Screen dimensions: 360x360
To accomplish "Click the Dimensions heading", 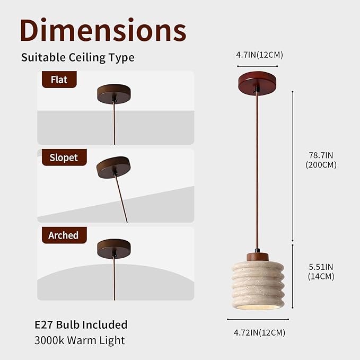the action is click(x=103, y=30).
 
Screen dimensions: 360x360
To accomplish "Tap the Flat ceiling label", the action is click(x=59, y=80).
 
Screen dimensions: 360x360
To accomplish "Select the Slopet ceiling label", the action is click(x=64, y=157).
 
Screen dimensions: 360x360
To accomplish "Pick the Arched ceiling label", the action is click(x=64, y=235).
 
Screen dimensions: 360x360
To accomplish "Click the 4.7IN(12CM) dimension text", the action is click(x=259, y=55).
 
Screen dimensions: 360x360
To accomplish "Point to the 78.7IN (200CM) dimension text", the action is click(x=321, y=160).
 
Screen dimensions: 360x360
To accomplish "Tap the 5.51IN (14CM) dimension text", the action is click(x=321, y=271).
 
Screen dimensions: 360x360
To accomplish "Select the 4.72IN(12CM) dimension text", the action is click(x=259, y=332).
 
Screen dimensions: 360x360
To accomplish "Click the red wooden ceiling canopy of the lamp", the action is click(x=257, y=83).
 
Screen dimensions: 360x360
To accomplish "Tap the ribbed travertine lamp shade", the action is click(x=258, y=285).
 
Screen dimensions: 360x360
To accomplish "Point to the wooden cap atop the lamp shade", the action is click(x=258, y=257).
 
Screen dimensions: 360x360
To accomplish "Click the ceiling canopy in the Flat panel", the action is click(x=114, y=94).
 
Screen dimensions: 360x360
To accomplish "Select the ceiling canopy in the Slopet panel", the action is click(x=113, y=168).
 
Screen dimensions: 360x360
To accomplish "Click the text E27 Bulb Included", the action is click(x=81, y=324).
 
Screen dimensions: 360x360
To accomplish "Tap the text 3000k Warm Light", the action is click(x=80, y=340).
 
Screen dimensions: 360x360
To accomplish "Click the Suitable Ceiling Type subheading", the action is click(x=78, y=57).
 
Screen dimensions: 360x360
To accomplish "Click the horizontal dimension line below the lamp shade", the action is click(x=258, y=319).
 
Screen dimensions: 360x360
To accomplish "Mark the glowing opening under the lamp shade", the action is click(x=258, y=307).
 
